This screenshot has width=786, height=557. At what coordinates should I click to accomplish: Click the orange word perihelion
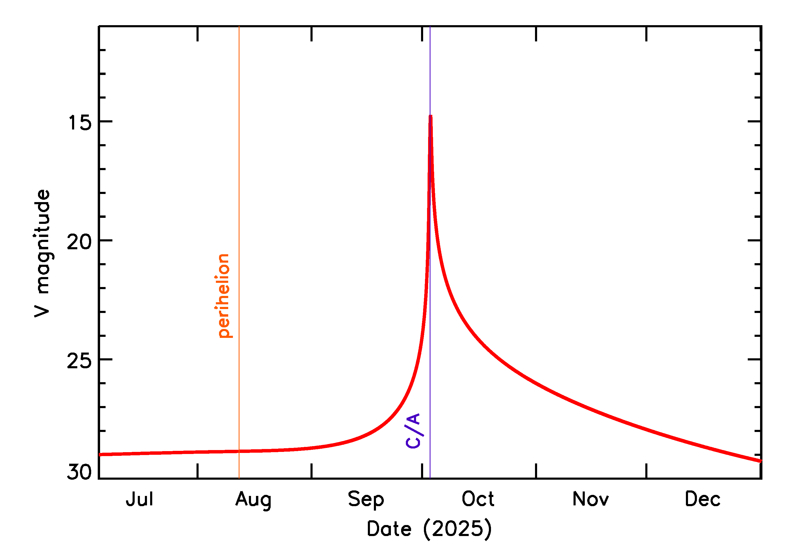point(223,296)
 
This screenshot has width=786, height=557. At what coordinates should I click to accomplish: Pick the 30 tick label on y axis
point(79,472)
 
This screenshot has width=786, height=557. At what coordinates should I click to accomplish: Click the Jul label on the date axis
point(139,499)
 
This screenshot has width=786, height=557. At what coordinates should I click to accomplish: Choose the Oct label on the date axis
point(478,499)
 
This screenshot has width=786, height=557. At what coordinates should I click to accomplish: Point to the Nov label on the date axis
point(590,499)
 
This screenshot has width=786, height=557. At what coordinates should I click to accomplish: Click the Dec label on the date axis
point(702,499)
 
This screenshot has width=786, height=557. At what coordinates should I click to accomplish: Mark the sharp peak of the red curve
point(430,116)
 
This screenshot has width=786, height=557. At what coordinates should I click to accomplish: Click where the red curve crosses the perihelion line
point(239,451)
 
